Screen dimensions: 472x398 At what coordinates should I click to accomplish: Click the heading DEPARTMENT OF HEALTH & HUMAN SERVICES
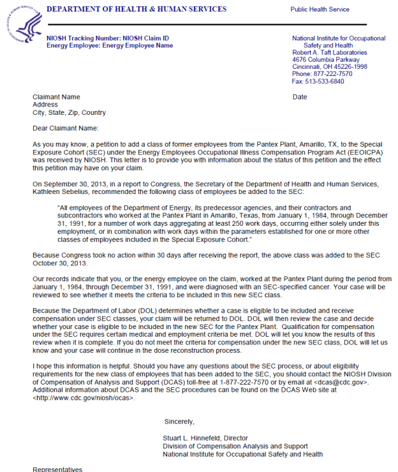(136, 9)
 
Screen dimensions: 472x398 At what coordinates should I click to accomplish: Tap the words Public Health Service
(320, 10)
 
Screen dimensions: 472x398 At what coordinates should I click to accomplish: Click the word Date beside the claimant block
(300, 97)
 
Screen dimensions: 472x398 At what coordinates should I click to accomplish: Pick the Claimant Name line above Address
(57, 97)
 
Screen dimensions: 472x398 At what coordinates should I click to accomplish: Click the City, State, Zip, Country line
(70, 112)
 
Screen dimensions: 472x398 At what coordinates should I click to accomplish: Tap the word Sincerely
(179, 422)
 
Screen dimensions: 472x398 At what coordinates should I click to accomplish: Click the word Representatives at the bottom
(57, 469)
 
